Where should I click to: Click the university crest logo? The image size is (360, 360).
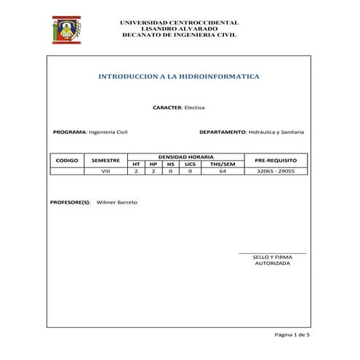click(66, 30)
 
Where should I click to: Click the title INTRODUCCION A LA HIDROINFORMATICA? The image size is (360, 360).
click(178, 76)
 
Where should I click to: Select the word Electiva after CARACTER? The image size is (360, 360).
click(194, 108)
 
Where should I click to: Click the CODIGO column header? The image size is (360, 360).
click(67, 160)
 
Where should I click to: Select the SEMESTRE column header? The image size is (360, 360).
click(105, 160)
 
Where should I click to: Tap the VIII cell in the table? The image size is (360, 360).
click(105, 172)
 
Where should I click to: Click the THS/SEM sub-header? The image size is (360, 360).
click(223, 164)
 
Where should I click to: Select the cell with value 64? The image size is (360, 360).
click(223, 172)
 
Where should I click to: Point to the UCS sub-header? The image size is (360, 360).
click(190, 164)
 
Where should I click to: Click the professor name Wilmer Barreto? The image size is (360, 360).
click(116, 202)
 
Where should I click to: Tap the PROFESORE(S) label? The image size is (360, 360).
click(70, 202)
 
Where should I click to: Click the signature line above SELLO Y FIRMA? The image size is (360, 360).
click(272, 253)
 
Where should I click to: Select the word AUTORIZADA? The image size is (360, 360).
click(272, 264)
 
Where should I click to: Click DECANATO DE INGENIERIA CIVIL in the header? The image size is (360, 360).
click(179, 35)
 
